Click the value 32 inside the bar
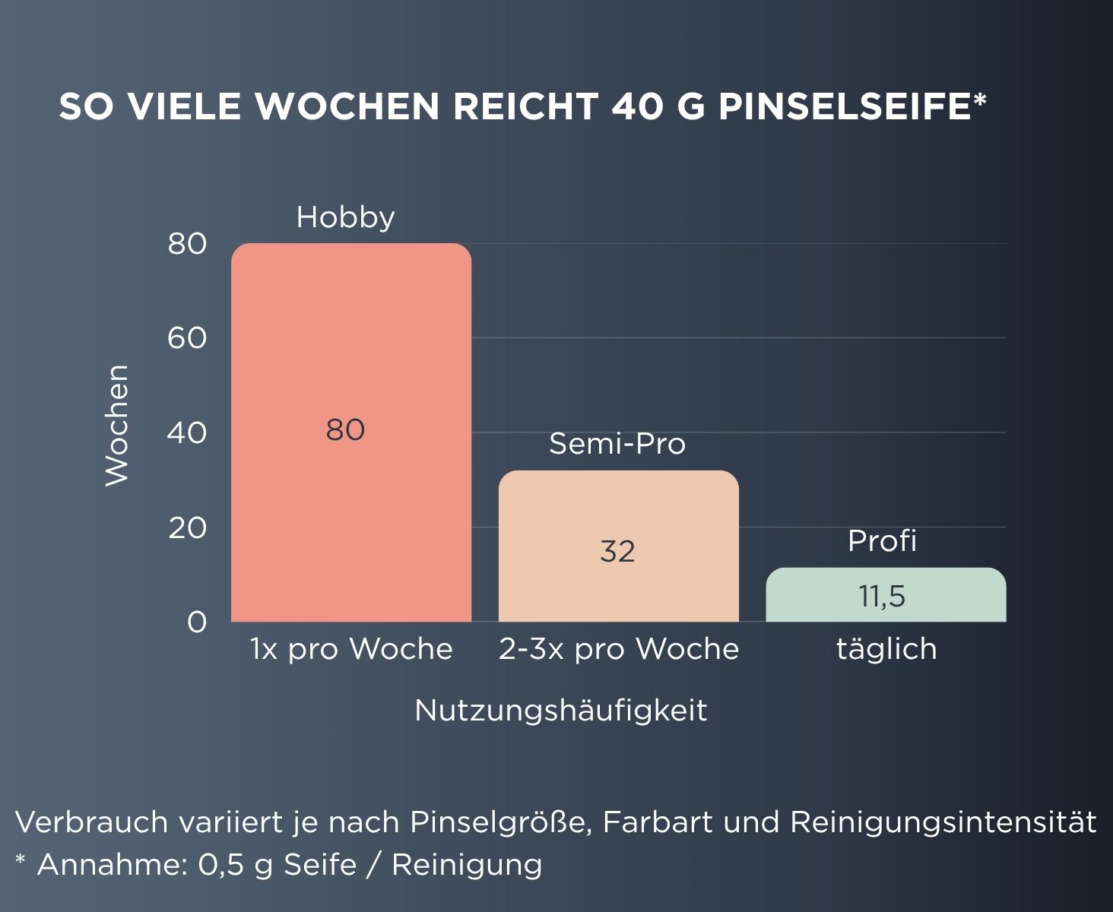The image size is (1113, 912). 617,551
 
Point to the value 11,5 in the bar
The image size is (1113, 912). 882,597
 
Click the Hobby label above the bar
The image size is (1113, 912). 345,217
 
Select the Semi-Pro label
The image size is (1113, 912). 617,444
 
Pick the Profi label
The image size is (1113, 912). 882,541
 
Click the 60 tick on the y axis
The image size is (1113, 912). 187,338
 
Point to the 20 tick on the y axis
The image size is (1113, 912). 187,527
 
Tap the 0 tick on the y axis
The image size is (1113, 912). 196,622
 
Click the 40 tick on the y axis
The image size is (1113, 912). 187,433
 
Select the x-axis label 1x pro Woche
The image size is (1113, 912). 351,649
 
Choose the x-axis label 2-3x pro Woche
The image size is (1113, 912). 619,649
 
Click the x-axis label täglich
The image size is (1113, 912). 886,649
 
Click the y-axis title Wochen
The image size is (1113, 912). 117,425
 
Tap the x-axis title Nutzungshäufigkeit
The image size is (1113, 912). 561,711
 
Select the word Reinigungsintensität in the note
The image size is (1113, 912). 943,822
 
